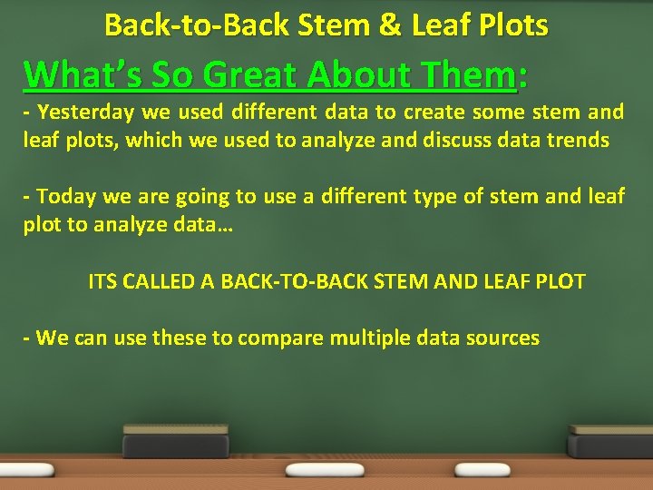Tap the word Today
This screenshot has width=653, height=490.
click(x=69, y=197)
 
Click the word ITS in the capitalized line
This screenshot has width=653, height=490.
click(x=104, y=281)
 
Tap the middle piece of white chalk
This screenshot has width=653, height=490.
click(x=324, y=470)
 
